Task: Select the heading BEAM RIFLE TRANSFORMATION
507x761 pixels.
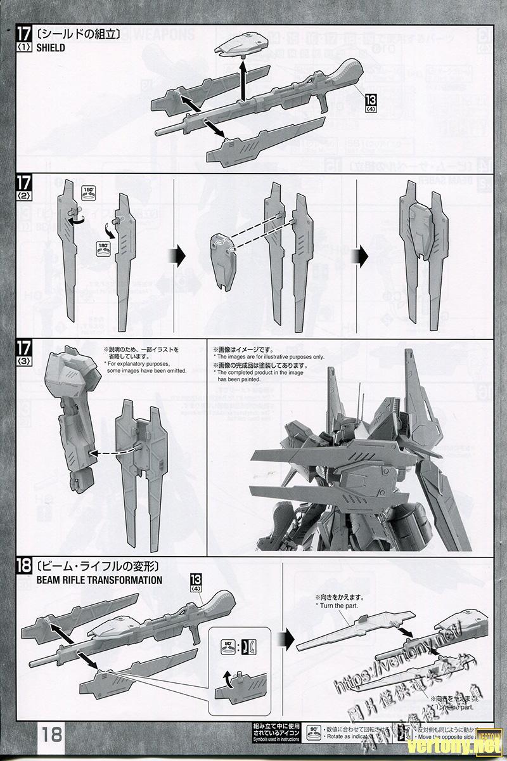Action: [99, 580]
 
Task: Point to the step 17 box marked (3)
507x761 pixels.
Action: [23, 353]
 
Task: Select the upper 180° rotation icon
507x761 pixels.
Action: [89, 193]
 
